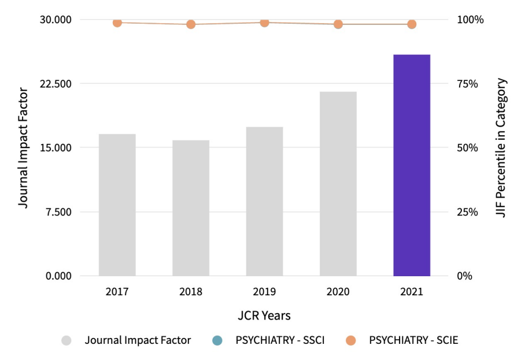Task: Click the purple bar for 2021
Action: coord(411,165)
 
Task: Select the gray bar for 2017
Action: coord(117,205)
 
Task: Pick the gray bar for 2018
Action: coord(191,208)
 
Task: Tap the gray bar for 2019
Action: coord(264,201)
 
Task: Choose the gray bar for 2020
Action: coord(338,184)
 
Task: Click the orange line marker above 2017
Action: coord(117,23)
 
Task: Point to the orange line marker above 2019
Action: coord(264,23)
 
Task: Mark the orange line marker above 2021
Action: coord(411,24)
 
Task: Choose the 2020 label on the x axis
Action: coord(338,292)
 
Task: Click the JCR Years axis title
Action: coord(264,316)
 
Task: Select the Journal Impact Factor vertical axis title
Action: coord(23,148)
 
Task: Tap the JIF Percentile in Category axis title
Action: coord(501,148)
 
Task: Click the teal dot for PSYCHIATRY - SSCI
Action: coord(217,340)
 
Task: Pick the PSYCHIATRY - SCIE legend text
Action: coord(413,340)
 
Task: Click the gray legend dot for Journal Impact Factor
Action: coord(67,340)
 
